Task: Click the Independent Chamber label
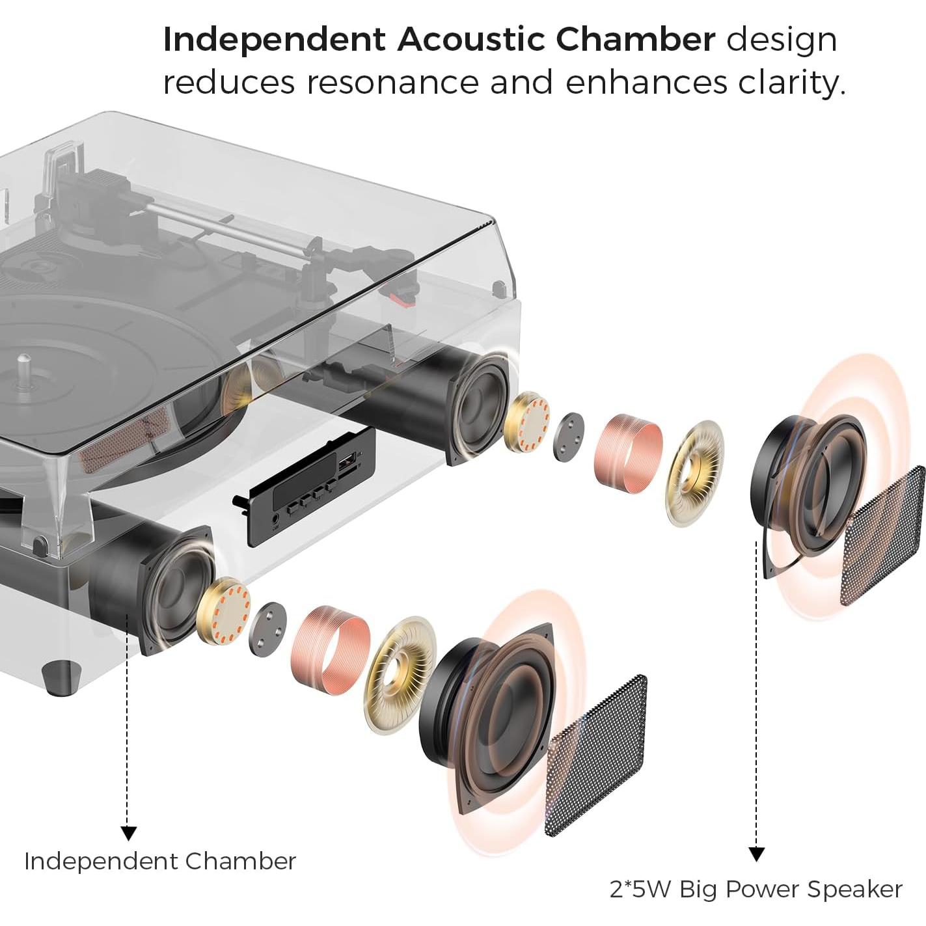160,861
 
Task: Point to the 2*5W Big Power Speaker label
756,889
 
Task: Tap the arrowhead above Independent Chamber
129,832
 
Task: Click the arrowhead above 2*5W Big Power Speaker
756,854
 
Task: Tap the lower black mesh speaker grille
596,755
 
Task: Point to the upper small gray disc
568,435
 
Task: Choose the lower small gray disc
267,629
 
